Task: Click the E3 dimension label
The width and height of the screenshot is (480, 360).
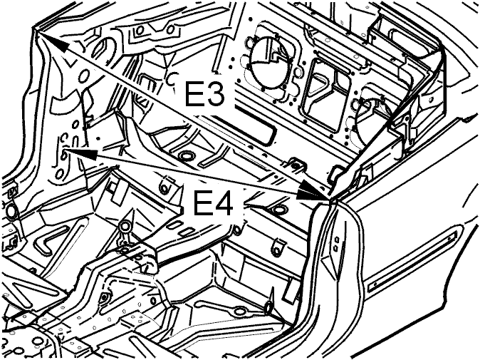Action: [204, 94]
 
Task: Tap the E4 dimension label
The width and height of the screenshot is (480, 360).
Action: [214, 203]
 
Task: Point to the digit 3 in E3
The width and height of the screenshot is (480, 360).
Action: [214, 94]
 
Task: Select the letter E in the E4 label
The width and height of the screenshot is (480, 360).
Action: [202, 203]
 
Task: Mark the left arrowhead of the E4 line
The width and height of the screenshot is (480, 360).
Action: [80, 154]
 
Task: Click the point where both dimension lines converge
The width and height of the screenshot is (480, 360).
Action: [330, 199]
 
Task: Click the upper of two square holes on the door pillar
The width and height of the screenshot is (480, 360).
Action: [337, 238]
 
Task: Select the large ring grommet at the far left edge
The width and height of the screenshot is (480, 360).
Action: [11, 211]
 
